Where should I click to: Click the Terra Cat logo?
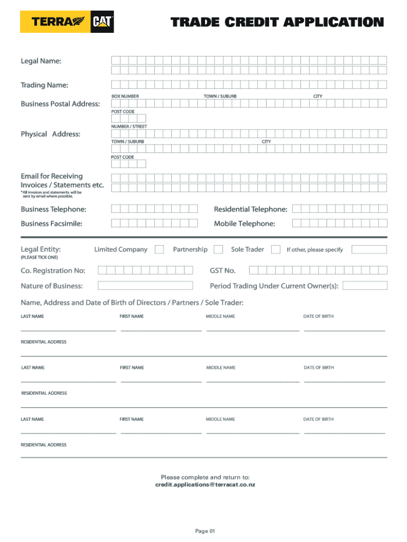(x=67, y=22)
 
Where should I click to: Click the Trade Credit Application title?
(x=277, y=22)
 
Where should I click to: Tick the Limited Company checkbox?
(x=159, y=249)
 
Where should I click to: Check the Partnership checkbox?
(x=217, y=249)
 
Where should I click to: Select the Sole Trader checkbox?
(x=275, y=249)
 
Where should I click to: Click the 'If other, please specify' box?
(x=369, y=249)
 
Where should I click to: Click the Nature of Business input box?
(x=145, y=286)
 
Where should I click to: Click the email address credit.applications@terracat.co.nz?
(x=205, y=484)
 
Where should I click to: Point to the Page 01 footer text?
(x=205, y=531)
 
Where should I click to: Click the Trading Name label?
(x=44, y=85)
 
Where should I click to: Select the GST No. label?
(x=223, y=270)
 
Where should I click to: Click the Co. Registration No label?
(x=53, y=270)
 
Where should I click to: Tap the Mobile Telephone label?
(x=244, y=224)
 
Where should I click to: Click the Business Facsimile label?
(x=51, y=224)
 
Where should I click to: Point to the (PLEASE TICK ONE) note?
(x=39, y=257)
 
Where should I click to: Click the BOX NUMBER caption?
(x=125, y=96)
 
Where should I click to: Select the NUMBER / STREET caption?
(x=129, y=127)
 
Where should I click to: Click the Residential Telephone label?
(x=251, y=210)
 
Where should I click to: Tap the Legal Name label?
(x=41, y=61)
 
